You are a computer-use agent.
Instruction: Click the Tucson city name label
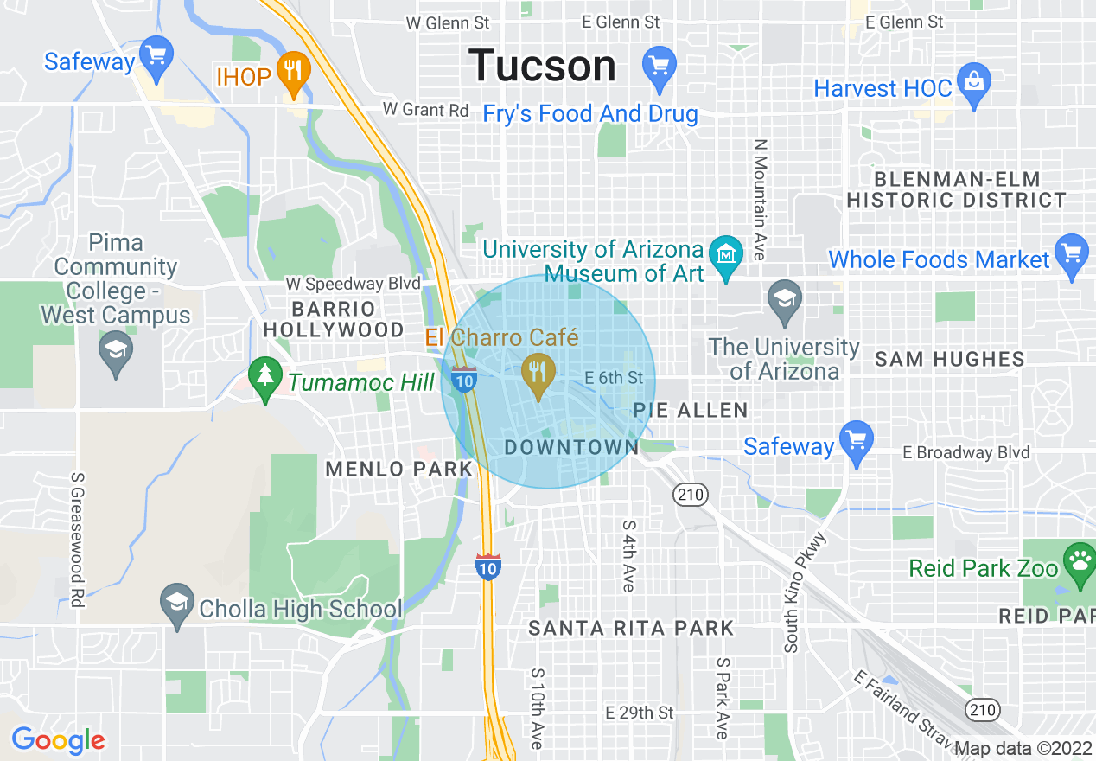tap(542, 66)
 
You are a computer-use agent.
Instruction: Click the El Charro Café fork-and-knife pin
tap(539, 374)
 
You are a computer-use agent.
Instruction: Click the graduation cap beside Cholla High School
tap(177, 604)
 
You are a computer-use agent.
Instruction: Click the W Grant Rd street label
tap(426, 110)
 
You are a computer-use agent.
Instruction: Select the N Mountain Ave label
tap(760, 201)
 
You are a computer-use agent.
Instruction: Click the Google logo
tap(58, 740)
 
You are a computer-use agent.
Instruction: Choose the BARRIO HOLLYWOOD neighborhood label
tap(334, 319)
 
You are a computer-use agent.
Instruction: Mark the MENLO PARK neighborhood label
tap(399, 469)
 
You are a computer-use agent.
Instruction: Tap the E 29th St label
tap(639, 713)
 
